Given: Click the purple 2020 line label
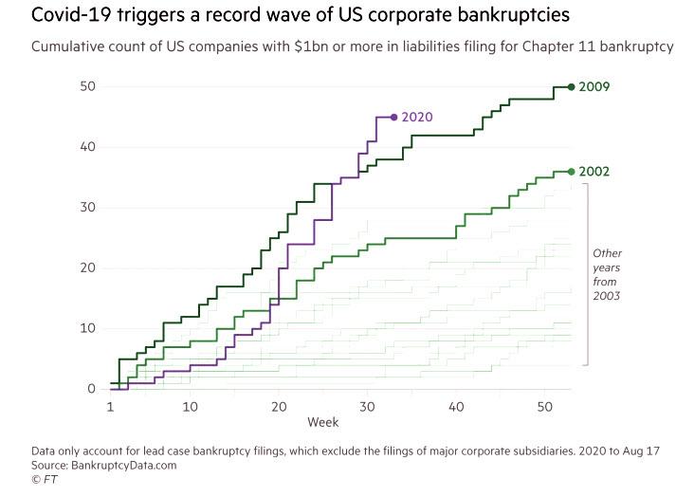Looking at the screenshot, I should coord(417,118).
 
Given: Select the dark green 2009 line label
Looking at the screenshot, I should coord(594,87).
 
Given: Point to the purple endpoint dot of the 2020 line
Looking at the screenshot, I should coord(393,118).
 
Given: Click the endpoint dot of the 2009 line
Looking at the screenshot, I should coord(571,86).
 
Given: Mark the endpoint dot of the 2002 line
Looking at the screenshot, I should coord(571,172).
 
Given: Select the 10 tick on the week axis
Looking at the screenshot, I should coord(191,406).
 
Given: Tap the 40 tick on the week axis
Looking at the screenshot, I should coord(456,406).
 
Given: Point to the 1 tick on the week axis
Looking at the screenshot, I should coord(111,406).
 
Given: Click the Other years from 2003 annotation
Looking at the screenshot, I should coord(607,275).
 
